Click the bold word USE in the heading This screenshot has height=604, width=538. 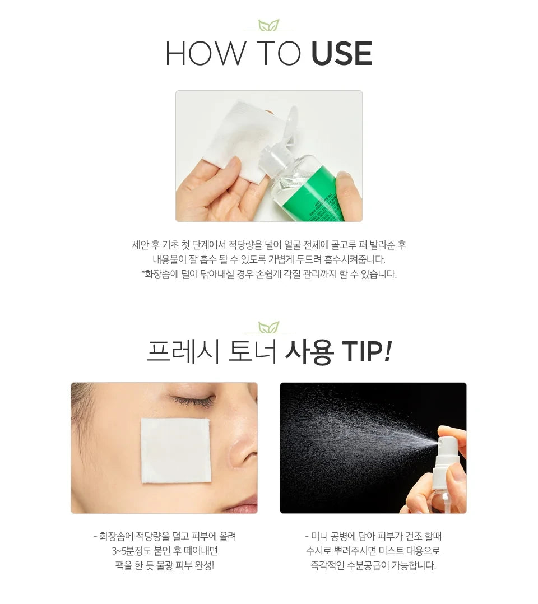(x=342, y=53)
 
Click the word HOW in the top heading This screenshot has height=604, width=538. (x=206, y=53)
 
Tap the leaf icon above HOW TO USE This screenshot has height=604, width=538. (x=268, y=25)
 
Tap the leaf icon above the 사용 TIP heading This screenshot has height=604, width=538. (x=268, y=327)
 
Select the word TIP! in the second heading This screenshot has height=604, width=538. (x=366, y=351)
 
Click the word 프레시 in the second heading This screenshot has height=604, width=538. (x=183, y=351)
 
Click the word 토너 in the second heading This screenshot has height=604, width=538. (x=252, y=351)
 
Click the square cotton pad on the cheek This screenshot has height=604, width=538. (x=175, y=450)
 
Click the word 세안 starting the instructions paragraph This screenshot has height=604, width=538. (x=140, y=245)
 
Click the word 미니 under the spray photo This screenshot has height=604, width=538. (x=319, y=536)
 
